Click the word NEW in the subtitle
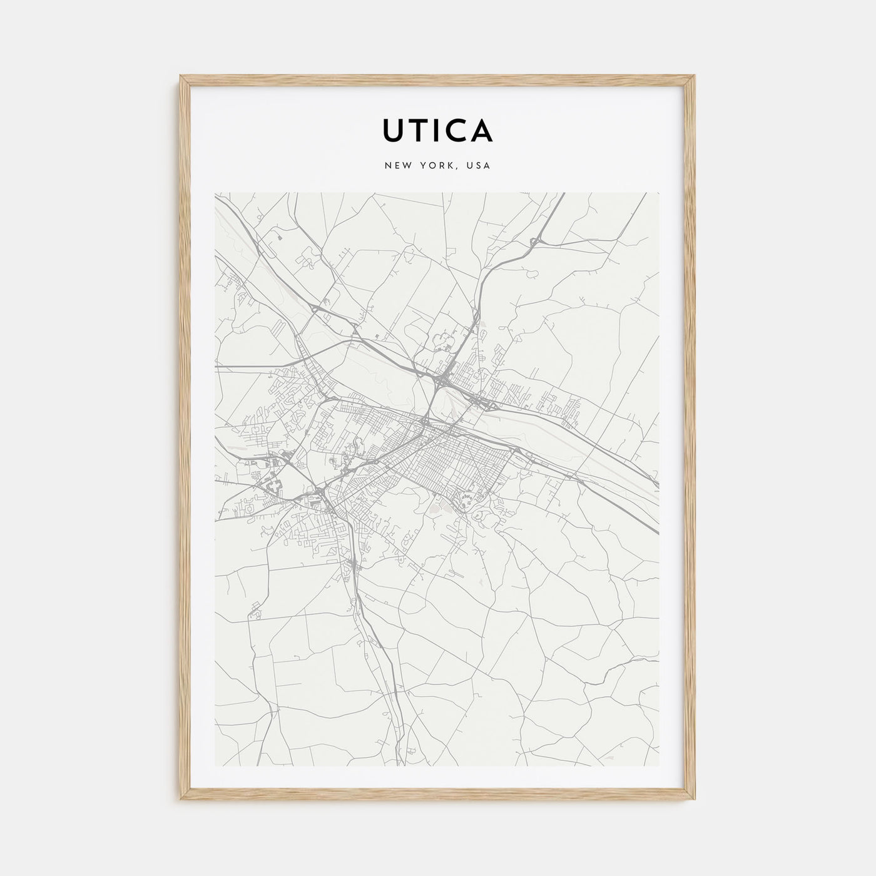[398, 166]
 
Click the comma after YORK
[457, 169]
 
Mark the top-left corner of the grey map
[215, 193]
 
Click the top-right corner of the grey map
[660, 193]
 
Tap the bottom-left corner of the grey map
[215, 766]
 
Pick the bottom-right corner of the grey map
[660, 766]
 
